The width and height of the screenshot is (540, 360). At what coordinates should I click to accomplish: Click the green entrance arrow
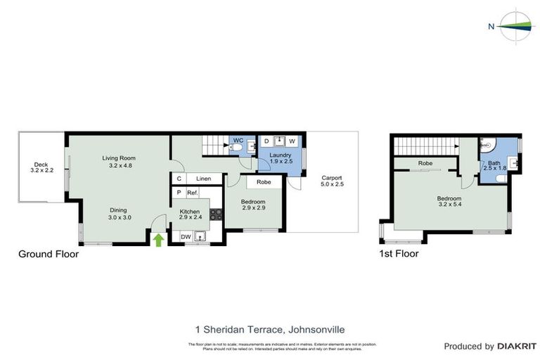pyautogui.click(x=159, y=240)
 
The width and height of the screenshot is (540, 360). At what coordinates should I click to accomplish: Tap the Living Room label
pyautogui.click(x=117, y=162)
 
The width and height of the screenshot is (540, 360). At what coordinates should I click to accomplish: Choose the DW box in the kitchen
pyautogui.click(x=186, y=237)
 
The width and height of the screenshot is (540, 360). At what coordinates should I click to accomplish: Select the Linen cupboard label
pyautogui.click(x=203, y=179)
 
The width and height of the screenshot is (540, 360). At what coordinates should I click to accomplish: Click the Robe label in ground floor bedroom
pyautogui.click(x=264, y=182)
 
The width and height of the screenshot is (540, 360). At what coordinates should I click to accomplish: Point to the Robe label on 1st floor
pyautogui.click(x=425, y=163)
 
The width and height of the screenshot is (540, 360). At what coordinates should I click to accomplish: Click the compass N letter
pyautogui.click(x=491, y=27)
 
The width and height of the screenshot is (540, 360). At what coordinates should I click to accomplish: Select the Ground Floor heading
pyautogui.click(x=48, y=255)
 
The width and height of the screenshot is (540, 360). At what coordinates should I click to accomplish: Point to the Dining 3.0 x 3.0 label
pyautogui.click(x=122, y=213)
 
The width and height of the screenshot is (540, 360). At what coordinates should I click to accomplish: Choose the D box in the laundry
pyautogui.click(x=266, y=141)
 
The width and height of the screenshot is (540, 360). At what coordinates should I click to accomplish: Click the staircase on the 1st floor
pyautogui.click(x=423, y=146)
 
